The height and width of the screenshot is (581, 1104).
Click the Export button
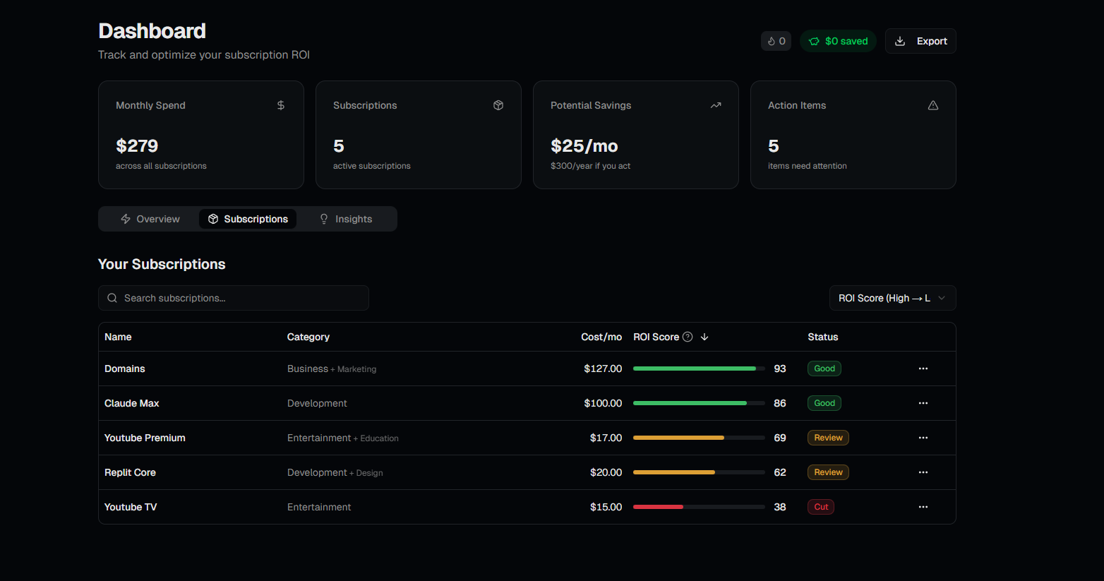point(920,41)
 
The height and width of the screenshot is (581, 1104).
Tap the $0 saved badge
point(838,41)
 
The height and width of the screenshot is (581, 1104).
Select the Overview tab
point(150,219)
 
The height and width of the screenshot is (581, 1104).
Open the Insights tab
point(346,219)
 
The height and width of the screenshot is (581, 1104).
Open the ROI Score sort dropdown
point(892,298)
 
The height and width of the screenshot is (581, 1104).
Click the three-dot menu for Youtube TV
point(923,507)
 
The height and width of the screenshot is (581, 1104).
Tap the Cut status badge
point(821,507)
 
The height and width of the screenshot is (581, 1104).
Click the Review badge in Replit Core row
point(828,472)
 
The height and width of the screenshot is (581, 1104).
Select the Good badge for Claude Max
point(824,403)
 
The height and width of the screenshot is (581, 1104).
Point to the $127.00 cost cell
point(603,369)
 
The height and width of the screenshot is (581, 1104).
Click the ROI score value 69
point(779,438)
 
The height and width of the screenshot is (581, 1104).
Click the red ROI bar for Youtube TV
point(658,507)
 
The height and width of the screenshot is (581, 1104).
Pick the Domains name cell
point(125,369)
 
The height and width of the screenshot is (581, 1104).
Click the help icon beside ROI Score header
point(688,337)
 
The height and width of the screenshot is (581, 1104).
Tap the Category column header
point(308,337)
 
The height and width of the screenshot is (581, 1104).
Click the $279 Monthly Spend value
point(137,146)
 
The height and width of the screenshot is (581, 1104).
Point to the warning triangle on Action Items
point(932,105)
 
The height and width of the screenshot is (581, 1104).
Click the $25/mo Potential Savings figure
point(584,146)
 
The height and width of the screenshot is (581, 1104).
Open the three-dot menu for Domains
point(923,369)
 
